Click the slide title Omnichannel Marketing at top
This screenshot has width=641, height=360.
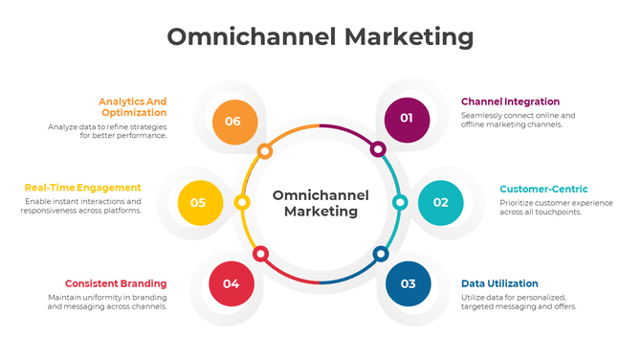pyautogui.click(x=320, y=37)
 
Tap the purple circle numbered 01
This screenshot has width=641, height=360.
pyautogui.click(x=407, y=119)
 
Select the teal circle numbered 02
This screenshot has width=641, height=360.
pyautogui.click(x=441, y=202)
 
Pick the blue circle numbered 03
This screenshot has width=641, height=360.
pyautogui.click(x=409, y=283)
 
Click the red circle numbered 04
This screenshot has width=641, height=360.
pyautogui.click(x=232, y=283)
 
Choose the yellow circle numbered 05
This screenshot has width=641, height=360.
pyautogui.click(x=199, y=202)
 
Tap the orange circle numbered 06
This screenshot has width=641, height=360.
pyautogui.click(x=233, y=122)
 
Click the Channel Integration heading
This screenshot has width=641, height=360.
pyautogui.click(x=510, y=101)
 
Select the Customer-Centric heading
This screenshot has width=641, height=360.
pyautogui.click(x=543, y=189)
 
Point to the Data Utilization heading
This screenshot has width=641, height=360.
pyautogui.click(x=499, y=283)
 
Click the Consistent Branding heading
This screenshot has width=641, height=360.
pyautogui.click(x=116, y=283)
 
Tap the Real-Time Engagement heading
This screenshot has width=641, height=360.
pyautogui.click(x=82, y=188)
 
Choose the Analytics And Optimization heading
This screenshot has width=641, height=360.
pyautogui.click(x=133, y=106)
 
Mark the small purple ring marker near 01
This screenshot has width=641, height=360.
pyautogui.click(x=378, y=149)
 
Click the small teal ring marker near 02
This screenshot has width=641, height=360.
pyautogui.click(x=400, y=202)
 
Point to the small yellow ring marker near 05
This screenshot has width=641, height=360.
pyautogui.click(x=242, y=202)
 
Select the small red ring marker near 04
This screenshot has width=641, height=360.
pyautogui.click(x=260, y=254)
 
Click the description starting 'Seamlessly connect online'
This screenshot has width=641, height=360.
pyautogui.click(x=518, y=121)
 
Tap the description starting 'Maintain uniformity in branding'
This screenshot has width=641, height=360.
pyautogui.click(x=107, y=303)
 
